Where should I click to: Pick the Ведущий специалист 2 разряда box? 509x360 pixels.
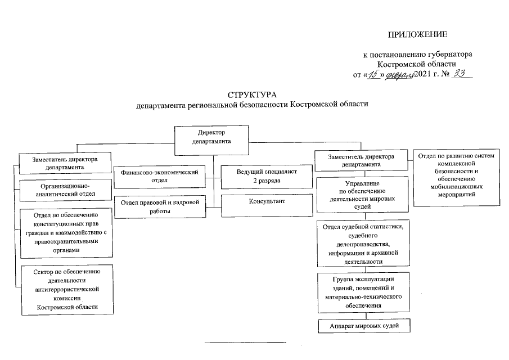click(x=267, y=177)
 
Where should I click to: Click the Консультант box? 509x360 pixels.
click(x=267, y=201)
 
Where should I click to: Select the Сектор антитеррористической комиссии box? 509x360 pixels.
click(x=67, y=289)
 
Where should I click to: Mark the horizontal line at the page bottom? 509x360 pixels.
click(x=245, y=342)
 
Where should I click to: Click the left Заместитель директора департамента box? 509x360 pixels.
click(x=65, y=163)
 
